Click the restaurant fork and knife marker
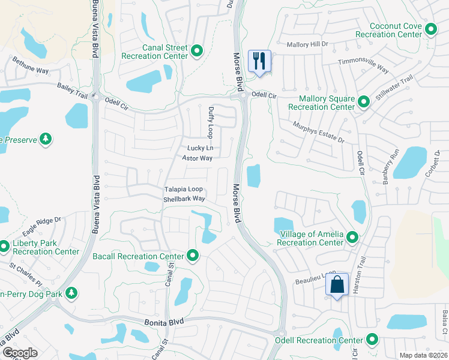tap(259, 61)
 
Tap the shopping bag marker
tap(337, 285)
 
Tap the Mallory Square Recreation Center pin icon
tap(363, 102)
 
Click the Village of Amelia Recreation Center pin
tap(352, 239)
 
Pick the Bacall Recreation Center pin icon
tap(193, 256)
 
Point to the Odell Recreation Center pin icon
tap(372, 340)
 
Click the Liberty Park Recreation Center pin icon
tap(4, 246)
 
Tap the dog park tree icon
tap(71, 293)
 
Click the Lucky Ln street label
tap(200, 148)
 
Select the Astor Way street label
tap(197, 158)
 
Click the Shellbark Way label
tap(185, 199)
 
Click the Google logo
tap(20, 353)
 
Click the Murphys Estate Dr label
tap(318, 133)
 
